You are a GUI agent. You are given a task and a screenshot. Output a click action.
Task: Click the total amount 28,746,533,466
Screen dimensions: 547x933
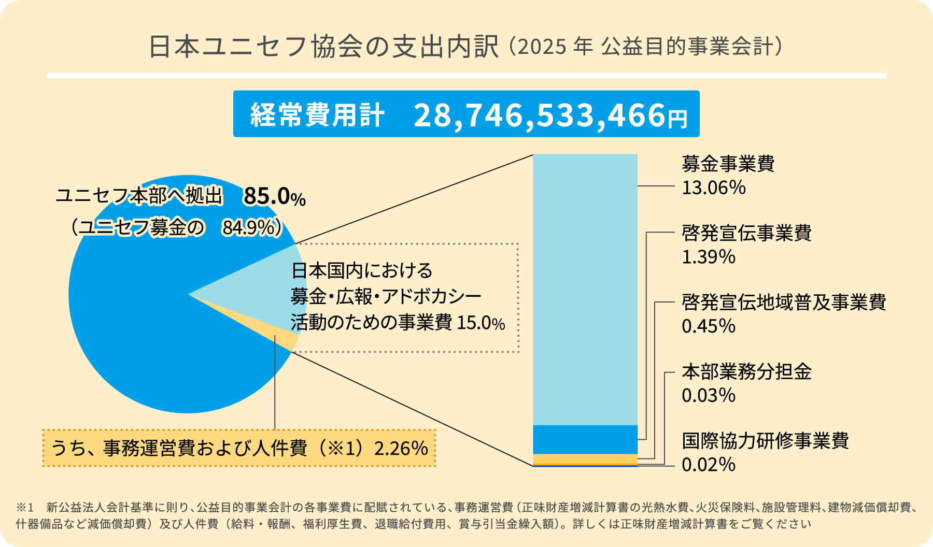tap(539, 115)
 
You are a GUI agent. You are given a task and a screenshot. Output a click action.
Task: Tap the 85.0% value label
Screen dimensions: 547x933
tap(274, 196)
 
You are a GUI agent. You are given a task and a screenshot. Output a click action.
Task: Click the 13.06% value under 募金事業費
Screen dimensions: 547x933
tap(713, 188)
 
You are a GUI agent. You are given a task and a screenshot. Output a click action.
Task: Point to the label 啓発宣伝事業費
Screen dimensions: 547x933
tap(746, 233)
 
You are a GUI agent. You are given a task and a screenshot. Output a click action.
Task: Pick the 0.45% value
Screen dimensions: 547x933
tap(708, 326)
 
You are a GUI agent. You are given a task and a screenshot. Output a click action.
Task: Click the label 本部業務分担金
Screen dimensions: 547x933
tap(746, 372)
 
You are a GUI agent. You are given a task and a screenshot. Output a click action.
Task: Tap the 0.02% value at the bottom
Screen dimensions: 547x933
tap(708, 465)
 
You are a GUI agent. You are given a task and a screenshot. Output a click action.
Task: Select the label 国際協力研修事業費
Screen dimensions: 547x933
tap(765, 441)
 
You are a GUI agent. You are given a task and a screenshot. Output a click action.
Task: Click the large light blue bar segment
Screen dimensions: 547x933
tap(585, 290)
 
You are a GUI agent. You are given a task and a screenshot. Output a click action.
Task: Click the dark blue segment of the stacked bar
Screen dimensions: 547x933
tap(585, 439)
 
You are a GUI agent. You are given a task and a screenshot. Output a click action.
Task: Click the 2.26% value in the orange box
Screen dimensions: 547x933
tap(401, 448)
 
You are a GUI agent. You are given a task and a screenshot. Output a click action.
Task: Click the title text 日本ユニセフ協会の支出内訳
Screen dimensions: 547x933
tap(324, 47)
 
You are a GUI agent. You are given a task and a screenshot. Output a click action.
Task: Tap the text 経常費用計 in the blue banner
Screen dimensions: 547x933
tap(317, 115)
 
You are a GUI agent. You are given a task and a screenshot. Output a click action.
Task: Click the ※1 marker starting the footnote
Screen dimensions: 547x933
tap(24, 507)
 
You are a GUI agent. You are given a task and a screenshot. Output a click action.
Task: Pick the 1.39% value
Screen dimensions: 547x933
tap(708, 257)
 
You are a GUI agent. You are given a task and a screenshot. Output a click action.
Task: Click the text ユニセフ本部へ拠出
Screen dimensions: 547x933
tap(139, 196)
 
